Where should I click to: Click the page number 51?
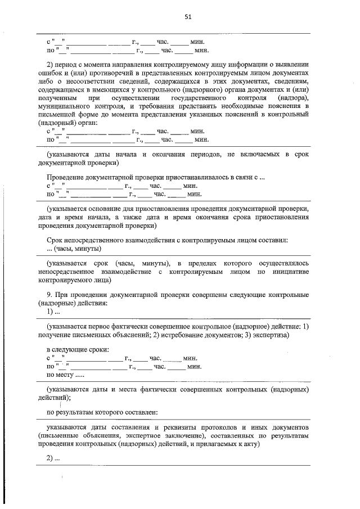point(188,17)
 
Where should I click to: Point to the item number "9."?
point(50,295)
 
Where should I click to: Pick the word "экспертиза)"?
point(271,335)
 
